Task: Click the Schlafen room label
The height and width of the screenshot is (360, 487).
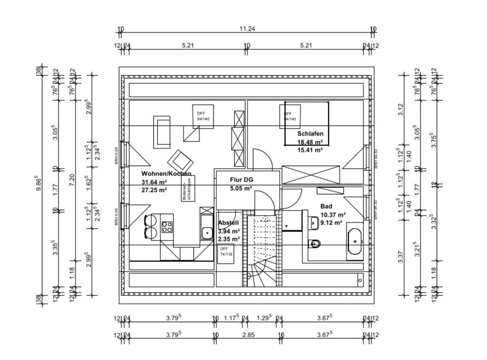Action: [310, 133]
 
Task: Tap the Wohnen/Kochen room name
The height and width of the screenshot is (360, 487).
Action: [166, 174]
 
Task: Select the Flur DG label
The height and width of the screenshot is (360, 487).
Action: [241, 180]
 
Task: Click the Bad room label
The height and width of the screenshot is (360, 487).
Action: [326, 206]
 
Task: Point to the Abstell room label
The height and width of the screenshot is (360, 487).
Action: [228, 223]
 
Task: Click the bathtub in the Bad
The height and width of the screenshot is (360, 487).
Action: [355, 241]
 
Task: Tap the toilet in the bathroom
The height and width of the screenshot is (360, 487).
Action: [315, 243]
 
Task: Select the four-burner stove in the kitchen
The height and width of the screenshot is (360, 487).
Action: [167, 227]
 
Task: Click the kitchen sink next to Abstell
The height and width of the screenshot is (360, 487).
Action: [206, 233]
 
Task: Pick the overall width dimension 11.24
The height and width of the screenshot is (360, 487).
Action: [247, 29]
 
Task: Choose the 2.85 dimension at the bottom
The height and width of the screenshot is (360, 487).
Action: [248, 335]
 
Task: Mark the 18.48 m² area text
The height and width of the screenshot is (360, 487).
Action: [310, 142]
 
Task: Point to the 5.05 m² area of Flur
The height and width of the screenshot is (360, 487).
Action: [241, 189]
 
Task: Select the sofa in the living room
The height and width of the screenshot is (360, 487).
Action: [162, 132]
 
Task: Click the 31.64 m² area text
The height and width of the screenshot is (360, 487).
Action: [154, 183]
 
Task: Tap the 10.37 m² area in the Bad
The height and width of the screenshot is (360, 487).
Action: [333, 215]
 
